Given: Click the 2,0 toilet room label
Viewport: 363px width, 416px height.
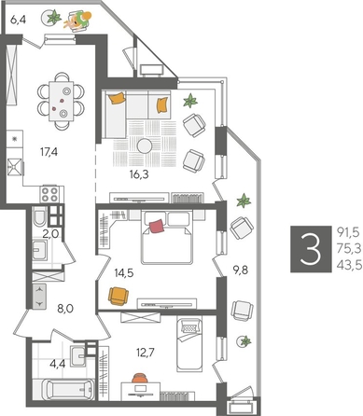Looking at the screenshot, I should (51, 234).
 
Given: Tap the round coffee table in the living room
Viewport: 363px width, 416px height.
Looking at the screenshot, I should (147, 146).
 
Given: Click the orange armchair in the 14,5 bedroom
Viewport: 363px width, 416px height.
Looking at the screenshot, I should (118, 296).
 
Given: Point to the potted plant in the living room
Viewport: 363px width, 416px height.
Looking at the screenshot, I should (191, 100).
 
